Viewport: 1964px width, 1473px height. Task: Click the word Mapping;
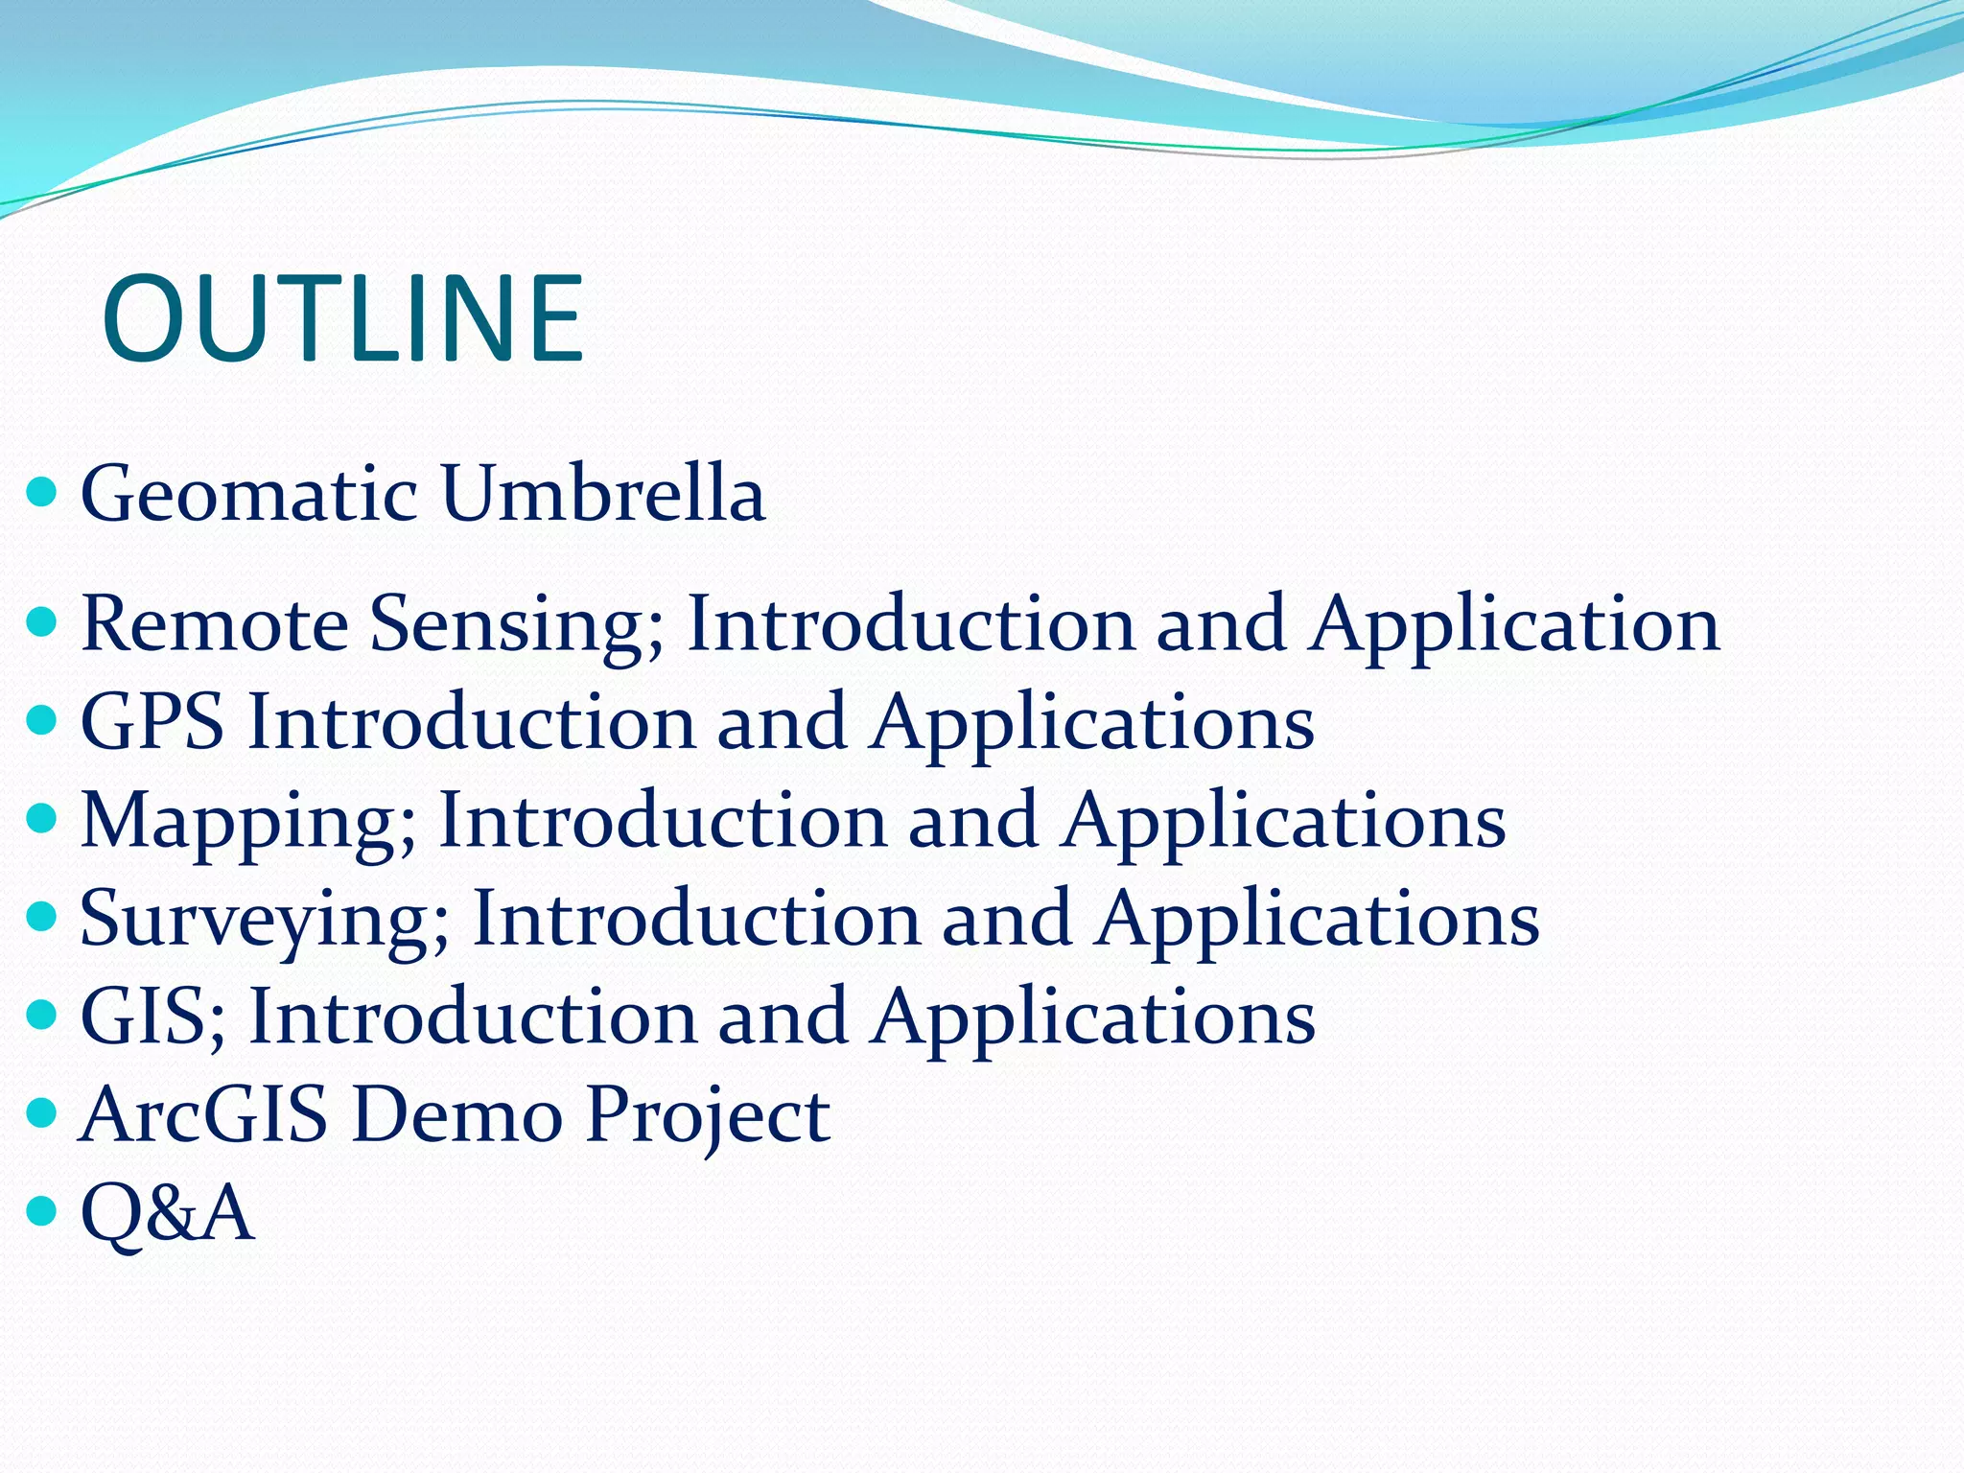(248, 823)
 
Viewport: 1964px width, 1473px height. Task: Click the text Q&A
(167, 1214)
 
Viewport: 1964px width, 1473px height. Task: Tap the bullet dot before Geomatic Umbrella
(42, 493)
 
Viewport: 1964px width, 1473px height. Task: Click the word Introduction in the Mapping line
(662, 821)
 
